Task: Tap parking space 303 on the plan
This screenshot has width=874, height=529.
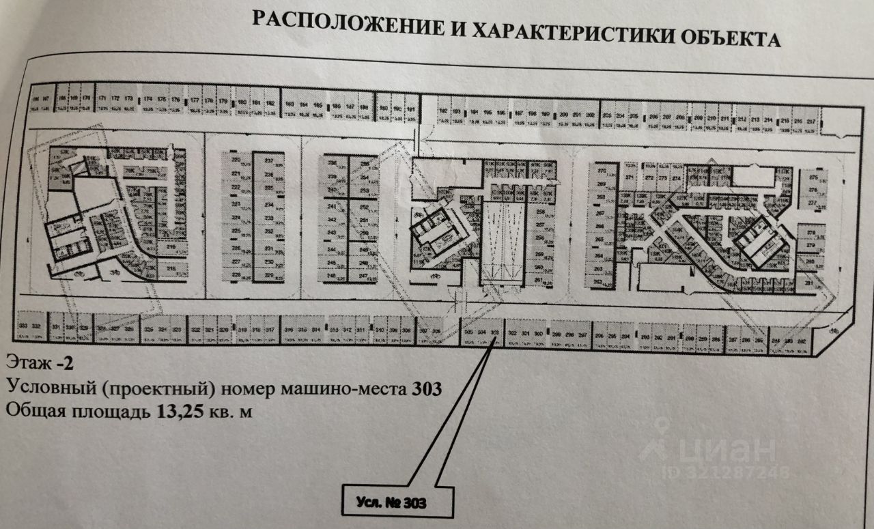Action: coord(495,334)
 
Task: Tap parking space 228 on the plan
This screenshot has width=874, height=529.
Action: coord(236,274)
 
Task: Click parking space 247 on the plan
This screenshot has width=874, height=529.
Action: coord(363,276)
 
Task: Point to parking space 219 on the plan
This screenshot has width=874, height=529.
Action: coord(171,248)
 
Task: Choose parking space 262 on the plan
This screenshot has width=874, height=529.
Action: coord(598,281)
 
